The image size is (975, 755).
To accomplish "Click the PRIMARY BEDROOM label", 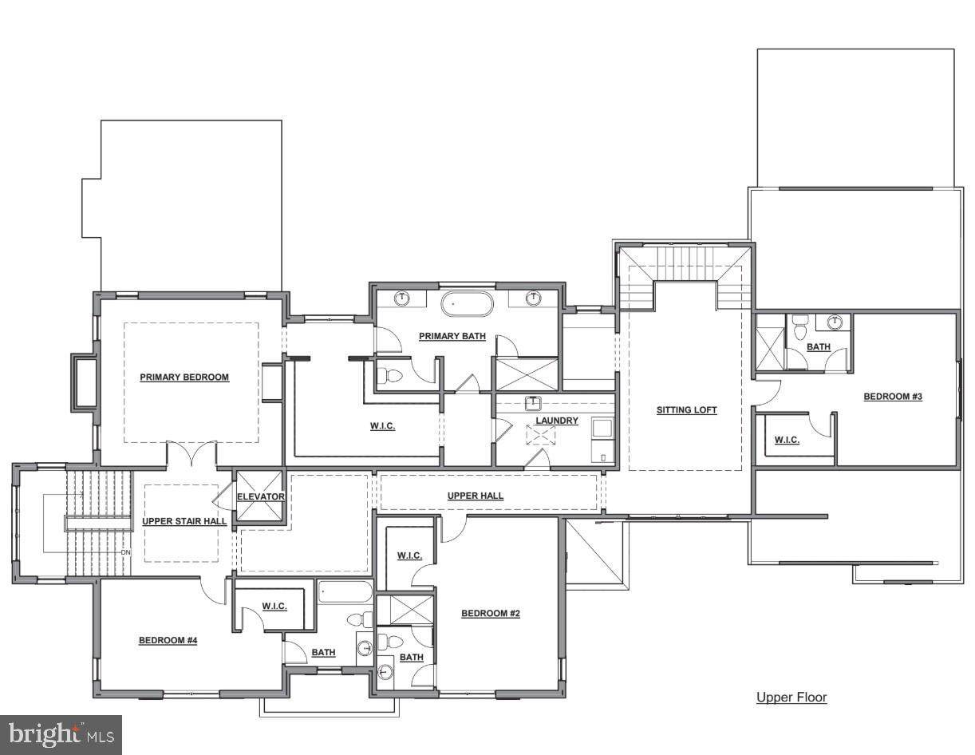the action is (184, 377).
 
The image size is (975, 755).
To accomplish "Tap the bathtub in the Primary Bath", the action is (467, 304).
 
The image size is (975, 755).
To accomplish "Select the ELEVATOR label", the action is (261, 496).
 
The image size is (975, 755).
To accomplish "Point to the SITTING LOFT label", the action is (686, 410).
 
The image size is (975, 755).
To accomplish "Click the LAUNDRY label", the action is (557, 421).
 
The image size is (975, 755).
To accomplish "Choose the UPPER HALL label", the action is (476, 496).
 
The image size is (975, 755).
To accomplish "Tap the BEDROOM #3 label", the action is (893, 397).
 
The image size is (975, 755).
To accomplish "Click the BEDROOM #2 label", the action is (491, 613).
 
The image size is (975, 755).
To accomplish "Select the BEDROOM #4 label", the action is (168, 640).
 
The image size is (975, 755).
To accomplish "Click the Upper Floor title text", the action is (791, 697).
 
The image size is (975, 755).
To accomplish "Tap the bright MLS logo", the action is (61, 735).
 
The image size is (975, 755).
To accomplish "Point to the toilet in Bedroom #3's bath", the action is (799, 328).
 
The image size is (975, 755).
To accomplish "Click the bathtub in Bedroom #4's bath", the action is (345, 592).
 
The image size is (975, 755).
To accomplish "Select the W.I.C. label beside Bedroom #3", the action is (787, 440).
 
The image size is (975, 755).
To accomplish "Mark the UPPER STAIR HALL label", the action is (184, 521).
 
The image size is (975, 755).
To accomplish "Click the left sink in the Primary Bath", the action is (402, 298).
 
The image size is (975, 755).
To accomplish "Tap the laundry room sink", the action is (534, 403).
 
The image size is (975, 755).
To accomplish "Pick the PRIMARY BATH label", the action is (452, 336).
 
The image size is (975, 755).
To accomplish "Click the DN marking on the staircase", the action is (125, 552).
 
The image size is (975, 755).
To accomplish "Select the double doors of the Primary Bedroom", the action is (192, 453).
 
